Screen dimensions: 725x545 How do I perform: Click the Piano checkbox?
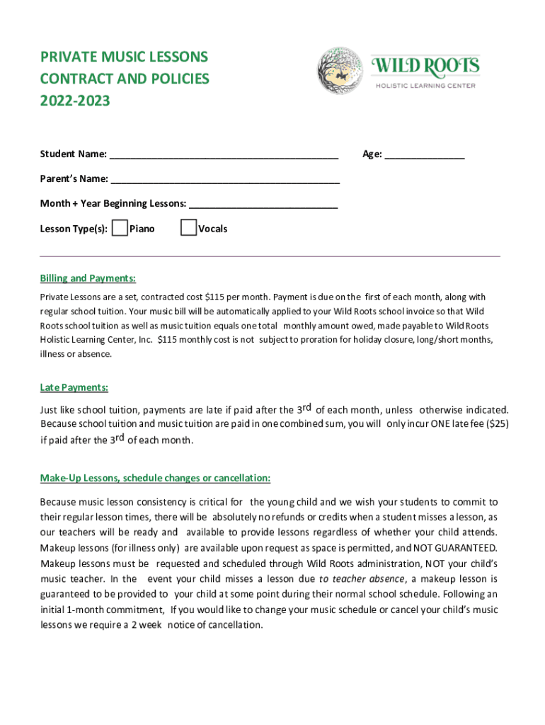coord(120,227)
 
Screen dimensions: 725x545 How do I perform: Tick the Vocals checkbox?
coord(188,227)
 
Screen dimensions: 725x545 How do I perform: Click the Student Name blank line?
coord(224,154)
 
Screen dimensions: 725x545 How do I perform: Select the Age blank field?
coord(425,154)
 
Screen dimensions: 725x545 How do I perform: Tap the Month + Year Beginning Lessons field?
coord(263,203)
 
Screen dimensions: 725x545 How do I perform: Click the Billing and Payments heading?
coord(88,278)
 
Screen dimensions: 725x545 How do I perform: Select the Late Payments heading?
coord(74,387)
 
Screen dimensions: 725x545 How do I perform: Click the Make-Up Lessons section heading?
coord(155,478)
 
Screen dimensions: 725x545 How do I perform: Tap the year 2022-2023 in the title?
coord(75,101)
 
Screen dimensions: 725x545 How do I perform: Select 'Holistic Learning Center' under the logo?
coord(425,86)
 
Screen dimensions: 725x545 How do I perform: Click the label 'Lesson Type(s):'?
coord(74,229)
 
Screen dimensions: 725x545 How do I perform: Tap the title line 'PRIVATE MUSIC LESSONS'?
coord(124,57)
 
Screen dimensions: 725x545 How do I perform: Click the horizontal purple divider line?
coord(270,255)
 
